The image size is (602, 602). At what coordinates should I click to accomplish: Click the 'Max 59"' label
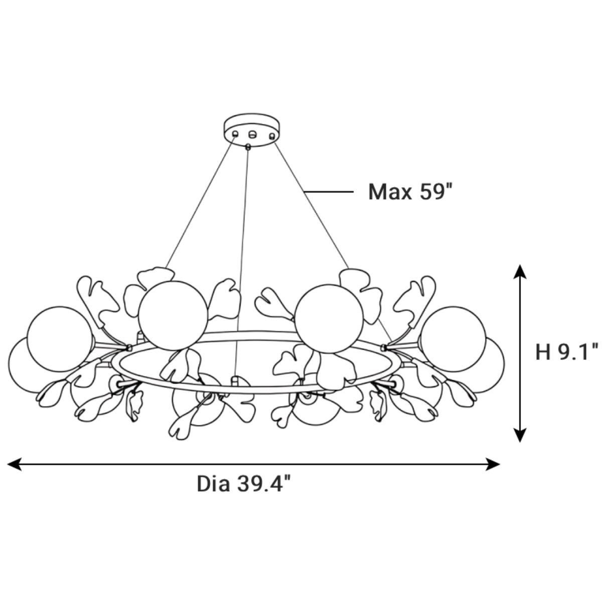pos(410,192)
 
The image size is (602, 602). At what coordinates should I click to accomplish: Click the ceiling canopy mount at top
pos(252,129)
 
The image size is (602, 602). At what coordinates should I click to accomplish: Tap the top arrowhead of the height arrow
pos(520,271)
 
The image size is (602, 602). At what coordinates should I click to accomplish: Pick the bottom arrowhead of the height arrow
pos(520,435)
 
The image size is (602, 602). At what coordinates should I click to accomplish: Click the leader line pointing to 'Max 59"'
pos(329,192)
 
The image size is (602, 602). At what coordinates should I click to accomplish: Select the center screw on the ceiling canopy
pos(252,134)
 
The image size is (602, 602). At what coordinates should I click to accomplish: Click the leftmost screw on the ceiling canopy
pos(235,134)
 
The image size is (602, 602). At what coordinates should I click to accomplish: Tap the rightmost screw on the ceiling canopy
pos(272,136)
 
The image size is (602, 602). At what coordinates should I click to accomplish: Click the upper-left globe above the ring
pos(173,316)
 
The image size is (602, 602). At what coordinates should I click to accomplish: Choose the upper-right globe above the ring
pos(329,319)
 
